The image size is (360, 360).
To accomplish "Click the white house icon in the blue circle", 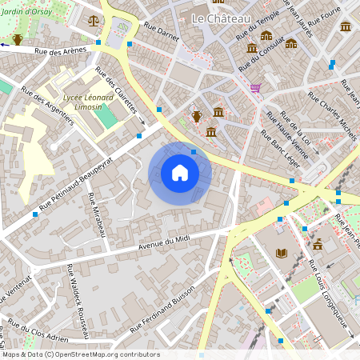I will (180, 173).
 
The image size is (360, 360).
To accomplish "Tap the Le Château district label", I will (222, 18).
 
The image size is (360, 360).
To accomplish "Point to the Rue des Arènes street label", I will (62, 51).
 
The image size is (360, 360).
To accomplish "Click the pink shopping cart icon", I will (255, 87).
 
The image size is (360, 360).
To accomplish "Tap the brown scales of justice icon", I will (94, 19).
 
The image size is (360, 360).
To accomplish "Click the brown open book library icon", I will (281, 254).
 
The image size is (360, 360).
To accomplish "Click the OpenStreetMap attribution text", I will (80, 354).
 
